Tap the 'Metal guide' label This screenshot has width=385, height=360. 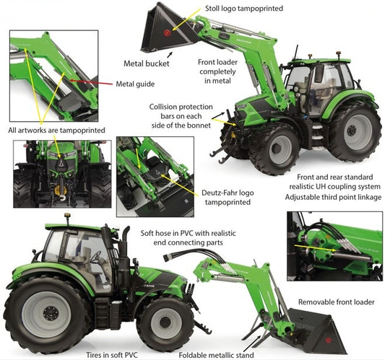135,84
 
